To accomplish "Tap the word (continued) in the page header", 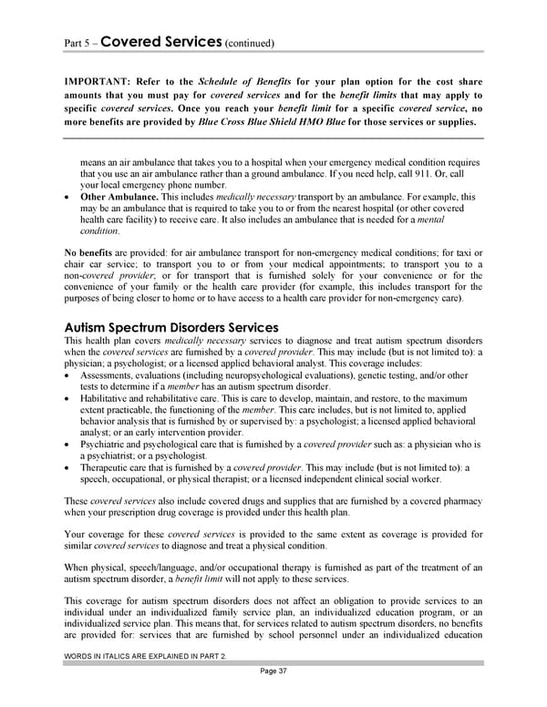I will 249,44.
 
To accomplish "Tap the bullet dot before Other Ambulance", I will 69,197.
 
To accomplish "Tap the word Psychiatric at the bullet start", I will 104,443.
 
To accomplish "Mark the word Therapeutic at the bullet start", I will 107,466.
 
